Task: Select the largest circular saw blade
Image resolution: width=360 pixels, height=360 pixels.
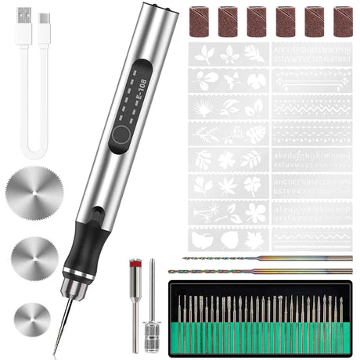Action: pyautogui.click(x=33, y=190)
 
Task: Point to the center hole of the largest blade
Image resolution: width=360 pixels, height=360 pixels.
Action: pyautogui.click(x=33, y=190)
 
